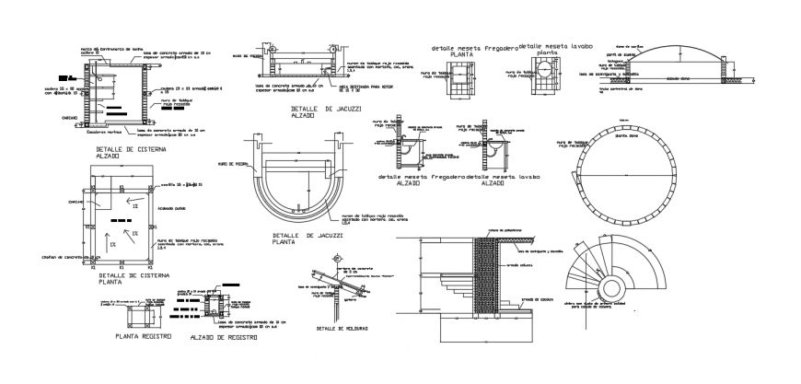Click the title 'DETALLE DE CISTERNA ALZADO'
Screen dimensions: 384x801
click(x=128, y=152)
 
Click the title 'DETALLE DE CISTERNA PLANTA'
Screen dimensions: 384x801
click(x=128, y=279)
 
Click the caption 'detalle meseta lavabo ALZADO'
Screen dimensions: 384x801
click(x=504, y=179)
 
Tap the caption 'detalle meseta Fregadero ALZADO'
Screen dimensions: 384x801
click(x=419, y=179)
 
